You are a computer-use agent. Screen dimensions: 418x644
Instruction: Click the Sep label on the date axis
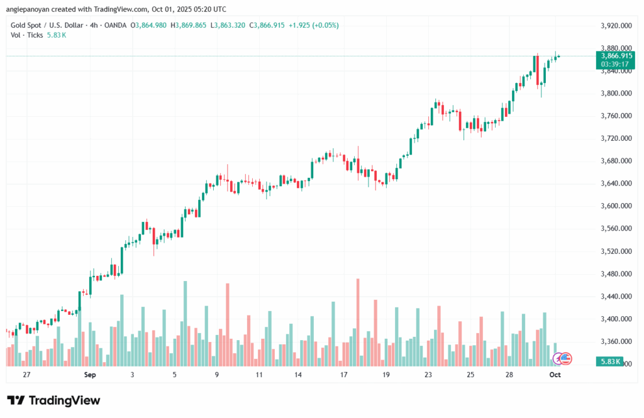tap(89, 375)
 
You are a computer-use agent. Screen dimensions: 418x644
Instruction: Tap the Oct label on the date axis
tap(555, 375)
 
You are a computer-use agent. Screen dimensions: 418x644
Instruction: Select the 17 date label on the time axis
tap(345, 375)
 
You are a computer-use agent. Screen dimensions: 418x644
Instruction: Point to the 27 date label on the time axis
tap(26, 375)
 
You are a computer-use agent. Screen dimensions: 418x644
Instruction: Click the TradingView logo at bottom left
tap(53, 400)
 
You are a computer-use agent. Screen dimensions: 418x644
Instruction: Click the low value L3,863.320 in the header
tap(230, 25)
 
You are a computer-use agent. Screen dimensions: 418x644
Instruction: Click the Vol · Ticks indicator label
tap(27, 35)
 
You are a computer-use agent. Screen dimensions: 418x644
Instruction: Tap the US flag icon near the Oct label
tap(565, 358)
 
